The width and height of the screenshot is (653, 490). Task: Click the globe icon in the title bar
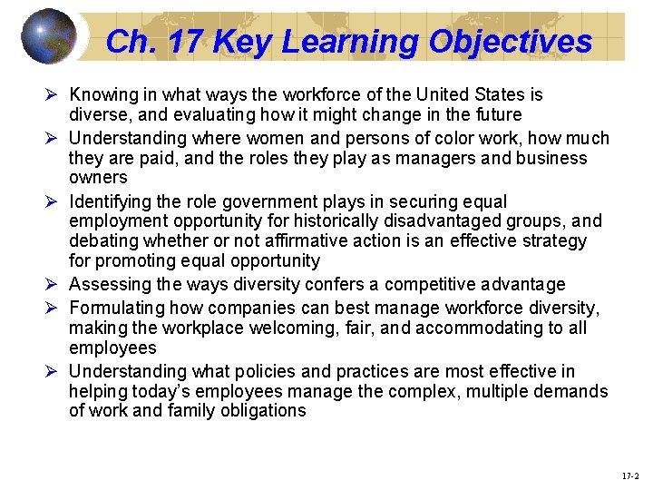point(50,36)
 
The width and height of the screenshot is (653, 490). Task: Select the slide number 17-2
point(630,475)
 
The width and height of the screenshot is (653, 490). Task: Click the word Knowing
point(102,94)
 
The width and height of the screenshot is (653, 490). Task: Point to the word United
point(442,94)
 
